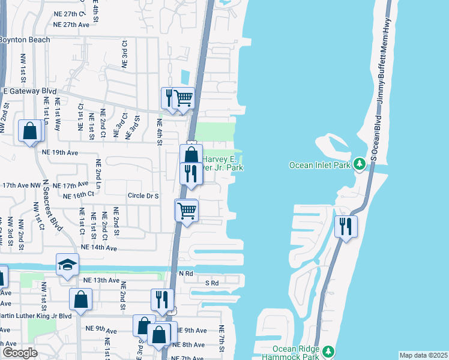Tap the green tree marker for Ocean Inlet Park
[360, 163]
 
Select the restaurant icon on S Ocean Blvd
[346, 226]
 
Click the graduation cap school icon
[67, 265]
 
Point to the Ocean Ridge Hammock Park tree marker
[328, 352]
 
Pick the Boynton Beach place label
[25, 40]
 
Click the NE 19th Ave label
[60, 152]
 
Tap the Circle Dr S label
[142, 196]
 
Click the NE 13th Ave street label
[102, 280]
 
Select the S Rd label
[211, 283]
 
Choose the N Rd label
[187, 273]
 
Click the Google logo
[20, 353]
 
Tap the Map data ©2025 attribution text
[423, 355]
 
